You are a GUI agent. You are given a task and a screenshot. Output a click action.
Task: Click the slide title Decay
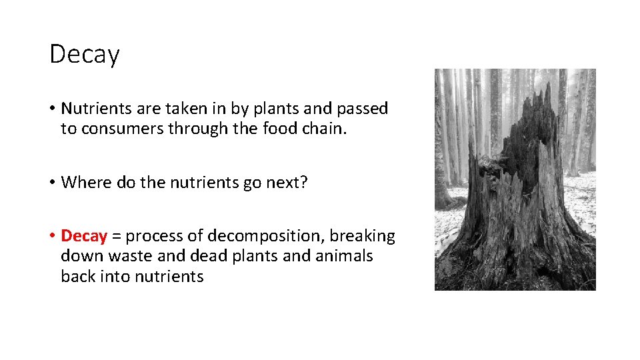tap(84, 54)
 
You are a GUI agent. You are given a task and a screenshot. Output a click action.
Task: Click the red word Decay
tap(84, 236)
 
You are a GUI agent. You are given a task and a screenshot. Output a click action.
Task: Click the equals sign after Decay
tap(117, 237)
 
